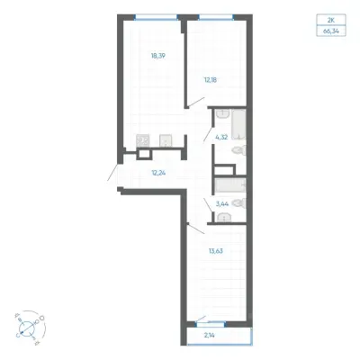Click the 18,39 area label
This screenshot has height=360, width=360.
click(158, 56)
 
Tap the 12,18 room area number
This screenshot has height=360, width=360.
click(210, 80)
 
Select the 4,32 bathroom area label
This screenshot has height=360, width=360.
click(221, 138)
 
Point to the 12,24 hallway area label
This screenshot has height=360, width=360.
click(159, 173)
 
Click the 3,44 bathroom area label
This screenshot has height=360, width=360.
click(222, 204)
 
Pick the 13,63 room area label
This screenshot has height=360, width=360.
click(216, 251)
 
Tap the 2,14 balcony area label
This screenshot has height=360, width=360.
click(210, 336)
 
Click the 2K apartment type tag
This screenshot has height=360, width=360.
click(331, 21)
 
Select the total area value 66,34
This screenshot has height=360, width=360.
click(331, 31)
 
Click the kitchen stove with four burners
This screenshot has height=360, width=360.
click(143, 140)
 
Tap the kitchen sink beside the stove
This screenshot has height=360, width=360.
click(166, 140)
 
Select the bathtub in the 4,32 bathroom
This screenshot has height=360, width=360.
click(238, 124)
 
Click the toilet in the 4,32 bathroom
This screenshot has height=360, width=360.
click(239, 150)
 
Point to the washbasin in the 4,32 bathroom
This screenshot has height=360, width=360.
click(222, 114)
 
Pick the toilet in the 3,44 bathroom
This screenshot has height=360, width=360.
click(239, 203)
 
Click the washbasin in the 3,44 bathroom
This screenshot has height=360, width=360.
click(223, 217)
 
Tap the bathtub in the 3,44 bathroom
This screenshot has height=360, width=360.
click(230, 185)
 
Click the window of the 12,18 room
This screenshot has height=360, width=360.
click(216, 17)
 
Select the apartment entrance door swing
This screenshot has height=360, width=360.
click(112, 172)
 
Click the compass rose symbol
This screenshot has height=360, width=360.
click(29, 327)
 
